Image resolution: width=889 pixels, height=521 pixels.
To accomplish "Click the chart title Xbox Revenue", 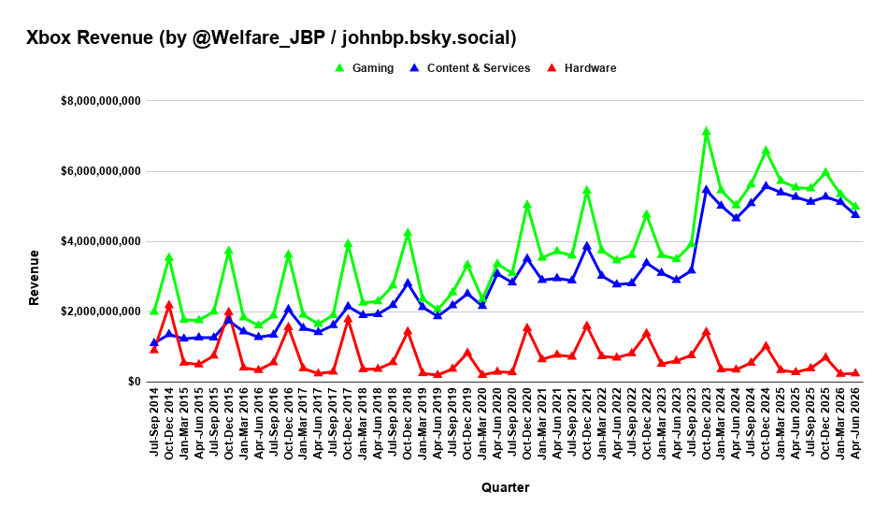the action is (x=90, y=38).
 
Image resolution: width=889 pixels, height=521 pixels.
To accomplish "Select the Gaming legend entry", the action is (x=364, y=68).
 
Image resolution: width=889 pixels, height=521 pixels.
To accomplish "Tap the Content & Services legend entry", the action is (x=470, y=68).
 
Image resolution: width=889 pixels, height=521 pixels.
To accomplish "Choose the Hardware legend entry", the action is (x=581, y=68).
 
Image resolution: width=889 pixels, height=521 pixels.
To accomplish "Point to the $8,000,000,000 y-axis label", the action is (x=101, y=101).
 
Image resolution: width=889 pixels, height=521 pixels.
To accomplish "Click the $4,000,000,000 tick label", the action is (x=101, y=241).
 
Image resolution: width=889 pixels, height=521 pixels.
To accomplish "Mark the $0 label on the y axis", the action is (x=134, y=382).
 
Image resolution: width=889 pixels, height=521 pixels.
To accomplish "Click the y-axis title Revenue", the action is (x=34, y=278).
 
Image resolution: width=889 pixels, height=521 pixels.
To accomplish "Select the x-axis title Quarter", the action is (x=505, y=487).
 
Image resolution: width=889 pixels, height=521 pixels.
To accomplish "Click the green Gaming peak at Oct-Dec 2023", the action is (x=706, y=132).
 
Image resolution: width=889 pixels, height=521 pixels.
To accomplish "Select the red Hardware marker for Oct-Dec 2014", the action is (x=168, y=305).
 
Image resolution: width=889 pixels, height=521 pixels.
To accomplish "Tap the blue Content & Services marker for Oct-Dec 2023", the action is (x=706, y=190).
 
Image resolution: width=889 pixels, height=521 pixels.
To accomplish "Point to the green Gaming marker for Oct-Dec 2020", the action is (x=526, y=205).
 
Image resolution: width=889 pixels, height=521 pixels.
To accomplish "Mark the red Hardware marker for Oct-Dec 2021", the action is (x=587, y=326).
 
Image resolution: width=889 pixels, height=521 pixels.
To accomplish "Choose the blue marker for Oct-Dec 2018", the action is (x=407, y=282).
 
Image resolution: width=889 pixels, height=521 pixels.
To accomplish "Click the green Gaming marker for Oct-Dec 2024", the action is (x=766, y=151).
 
